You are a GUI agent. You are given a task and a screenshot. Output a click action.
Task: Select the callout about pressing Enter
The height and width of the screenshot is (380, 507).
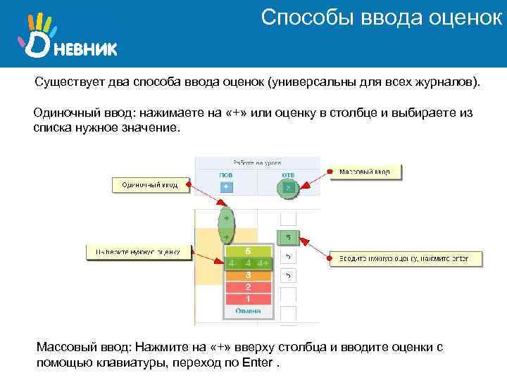(x=406, y=258)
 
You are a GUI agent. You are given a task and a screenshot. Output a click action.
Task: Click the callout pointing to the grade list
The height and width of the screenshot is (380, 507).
(x=138, y=251)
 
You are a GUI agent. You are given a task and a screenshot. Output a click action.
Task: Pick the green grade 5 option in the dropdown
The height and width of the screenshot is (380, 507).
(x=246, y=251)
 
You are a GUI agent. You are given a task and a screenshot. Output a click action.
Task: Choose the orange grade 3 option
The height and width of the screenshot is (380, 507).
(x=246, y=275)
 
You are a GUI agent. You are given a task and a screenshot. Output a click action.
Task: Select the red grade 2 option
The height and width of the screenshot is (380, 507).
(x=246, y=287)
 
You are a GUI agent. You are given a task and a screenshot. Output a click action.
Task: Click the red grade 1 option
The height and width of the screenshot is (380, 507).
(x=246, y=298)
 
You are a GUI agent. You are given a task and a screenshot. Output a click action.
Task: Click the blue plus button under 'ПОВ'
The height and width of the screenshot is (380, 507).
(x=226, y=187)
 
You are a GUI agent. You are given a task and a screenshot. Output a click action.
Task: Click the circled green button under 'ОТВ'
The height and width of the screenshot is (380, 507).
(x=287, y=187)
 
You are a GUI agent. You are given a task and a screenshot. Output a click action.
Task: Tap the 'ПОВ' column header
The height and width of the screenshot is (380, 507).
(x=226, y=174)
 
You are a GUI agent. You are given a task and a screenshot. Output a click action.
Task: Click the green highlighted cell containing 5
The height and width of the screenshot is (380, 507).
(x=287, y=237)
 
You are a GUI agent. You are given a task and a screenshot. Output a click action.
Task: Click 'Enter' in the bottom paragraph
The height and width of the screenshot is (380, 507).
(x=257, y=363)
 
